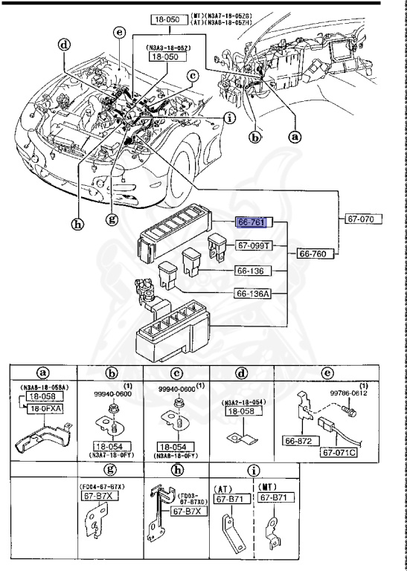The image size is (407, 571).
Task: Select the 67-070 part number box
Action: (x=363, y=219)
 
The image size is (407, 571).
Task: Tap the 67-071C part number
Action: (x=340, y=451)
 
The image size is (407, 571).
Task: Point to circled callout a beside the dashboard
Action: (x=295, y=137)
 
